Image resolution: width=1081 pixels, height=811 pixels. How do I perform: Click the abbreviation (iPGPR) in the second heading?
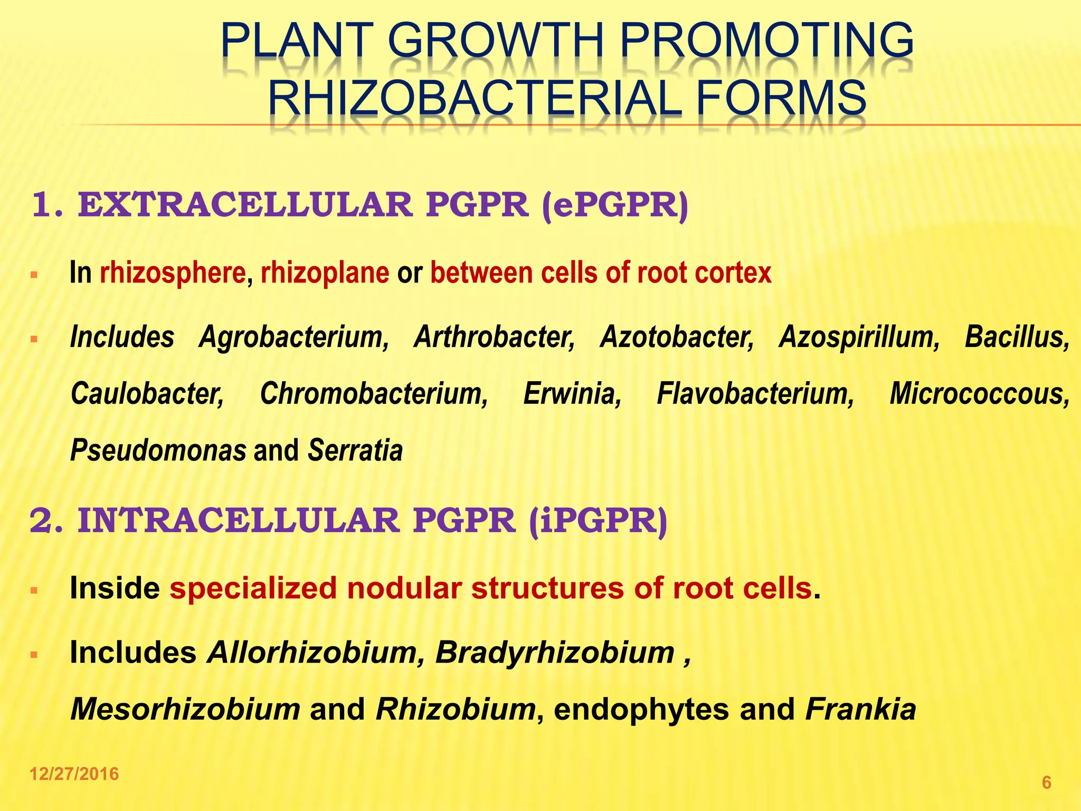point(598,521)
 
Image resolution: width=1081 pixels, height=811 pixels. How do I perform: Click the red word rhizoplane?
point(325,273)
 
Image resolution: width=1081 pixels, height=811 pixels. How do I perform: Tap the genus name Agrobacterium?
point(293,337)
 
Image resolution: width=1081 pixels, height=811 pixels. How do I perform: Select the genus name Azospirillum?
point(859,337)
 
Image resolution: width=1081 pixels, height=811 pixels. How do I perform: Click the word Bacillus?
point(1017,337)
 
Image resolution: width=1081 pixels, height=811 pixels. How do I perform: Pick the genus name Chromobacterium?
point(374,394)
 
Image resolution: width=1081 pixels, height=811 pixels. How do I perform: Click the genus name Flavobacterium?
point(755,394)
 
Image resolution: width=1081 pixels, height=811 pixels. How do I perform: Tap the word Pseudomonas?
point(158,450)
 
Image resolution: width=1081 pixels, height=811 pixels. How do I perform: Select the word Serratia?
point(355,450)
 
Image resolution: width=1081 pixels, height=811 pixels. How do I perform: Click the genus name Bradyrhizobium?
point(555,653)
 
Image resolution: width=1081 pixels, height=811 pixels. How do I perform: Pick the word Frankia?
point(860,709)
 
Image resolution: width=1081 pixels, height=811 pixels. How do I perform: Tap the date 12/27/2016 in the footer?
point(74,774)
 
